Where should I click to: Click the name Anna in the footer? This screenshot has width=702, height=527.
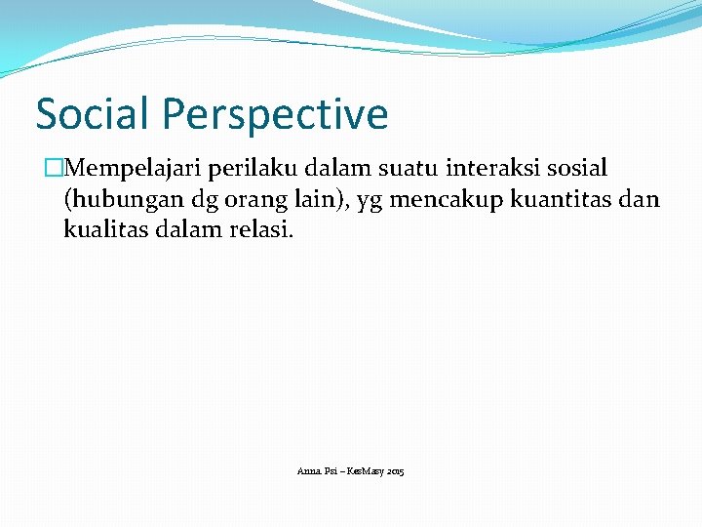coord(308,471)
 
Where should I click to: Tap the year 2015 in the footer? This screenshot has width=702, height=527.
coord(395,471)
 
